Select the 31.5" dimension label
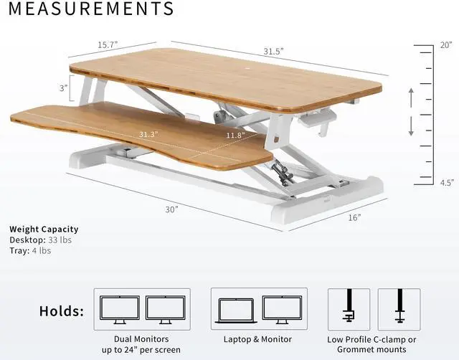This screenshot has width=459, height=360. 273,51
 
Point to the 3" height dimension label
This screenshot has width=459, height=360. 64,88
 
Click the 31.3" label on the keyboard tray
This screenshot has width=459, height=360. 149,134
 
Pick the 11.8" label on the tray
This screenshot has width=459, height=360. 235,134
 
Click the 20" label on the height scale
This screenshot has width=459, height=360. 446,44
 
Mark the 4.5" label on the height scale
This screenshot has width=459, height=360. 446,183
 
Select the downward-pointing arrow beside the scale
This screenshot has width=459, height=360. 411,127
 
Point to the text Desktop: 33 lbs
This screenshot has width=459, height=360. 41,240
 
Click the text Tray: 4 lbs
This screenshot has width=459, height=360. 30,250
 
